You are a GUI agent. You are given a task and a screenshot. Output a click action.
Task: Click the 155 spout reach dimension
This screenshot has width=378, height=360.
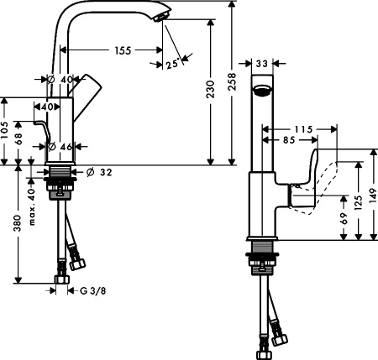(x=123, y=51)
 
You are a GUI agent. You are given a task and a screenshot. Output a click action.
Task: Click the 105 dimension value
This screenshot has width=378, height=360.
(x=7, y=132)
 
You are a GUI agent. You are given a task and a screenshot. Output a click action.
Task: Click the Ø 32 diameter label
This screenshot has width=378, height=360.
(x=102, y=173)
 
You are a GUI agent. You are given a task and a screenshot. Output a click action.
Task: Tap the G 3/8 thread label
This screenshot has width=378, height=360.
(x=90, y=290)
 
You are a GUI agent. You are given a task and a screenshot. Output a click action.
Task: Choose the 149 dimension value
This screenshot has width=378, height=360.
(x=373, y=196)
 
